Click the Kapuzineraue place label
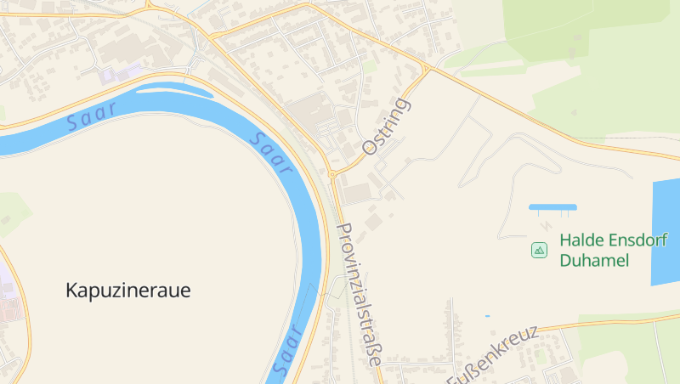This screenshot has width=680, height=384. point(127,291)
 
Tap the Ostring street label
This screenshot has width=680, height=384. point(386,127)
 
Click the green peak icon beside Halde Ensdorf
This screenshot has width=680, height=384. point(539,250)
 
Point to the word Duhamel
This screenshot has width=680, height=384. point(594,260)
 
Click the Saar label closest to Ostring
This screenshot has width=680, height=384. point(273,153)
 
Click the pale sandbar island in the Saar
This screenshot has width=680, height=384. point(173,88)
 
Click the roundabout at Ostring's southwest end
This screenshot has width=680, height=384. point(332,174)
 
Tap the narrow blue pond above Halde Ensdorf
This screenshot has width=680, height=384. point(552,206)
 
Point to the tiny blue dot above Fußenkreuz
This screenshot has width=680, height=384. point(487,316)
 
